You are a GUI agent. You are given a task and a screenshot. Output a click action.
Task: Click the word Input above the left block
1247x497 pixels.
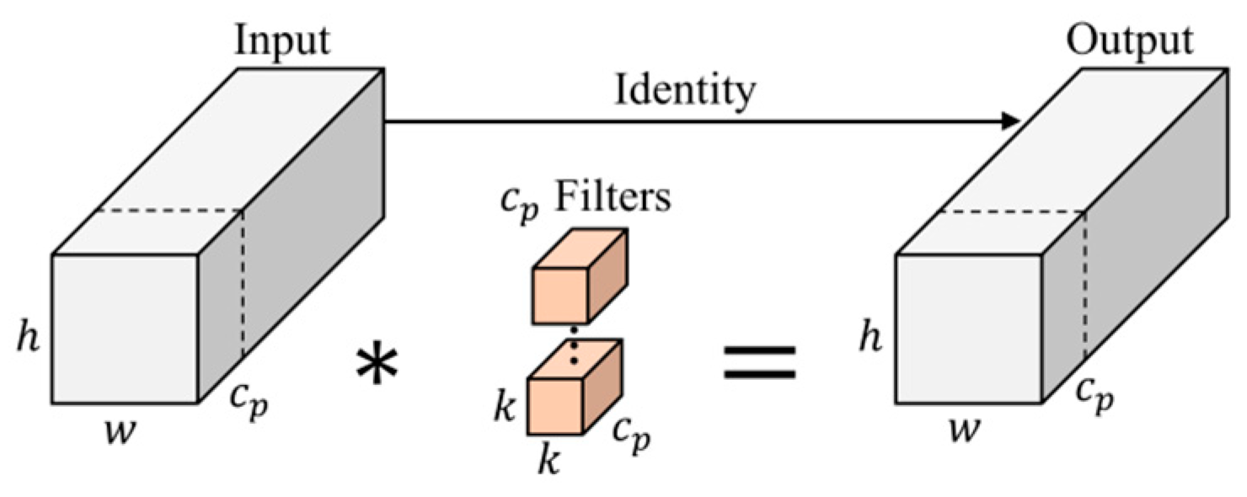click(x=283, y=42)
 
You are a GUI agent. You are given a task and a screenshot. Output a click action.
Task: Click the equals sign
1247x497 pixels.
click(x=759, y=361)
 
